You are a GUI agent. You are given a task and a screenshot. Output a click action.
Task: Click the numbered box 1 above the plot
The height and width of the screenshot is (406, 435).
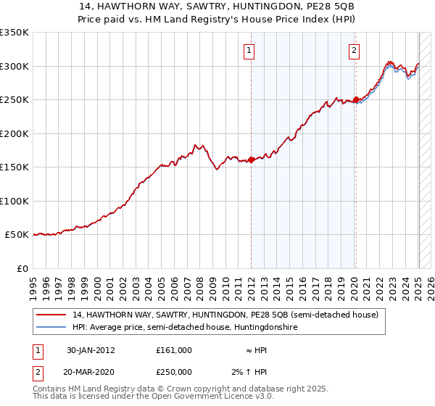[x=249, y=51]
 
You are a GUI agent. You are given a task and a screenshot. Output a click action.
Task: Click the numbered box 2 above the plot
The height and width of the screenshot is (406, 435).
[x=354, y=51]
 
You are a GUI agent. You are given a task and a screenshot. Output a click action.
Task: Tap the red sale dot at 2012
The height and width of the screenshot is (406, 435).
[x=251, y=160]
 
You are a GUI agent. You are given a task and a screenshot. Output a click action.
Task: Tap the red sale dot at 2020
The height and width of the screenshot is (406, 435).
[x=356, y=100]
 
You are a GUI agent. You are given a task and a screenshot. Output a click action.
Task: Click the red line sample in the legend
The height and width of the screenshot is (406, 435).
[x=51, y=315]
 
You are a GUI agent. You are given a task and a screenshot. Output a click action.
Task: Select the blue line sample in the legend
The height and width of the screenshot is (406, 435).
[x=51, y=328]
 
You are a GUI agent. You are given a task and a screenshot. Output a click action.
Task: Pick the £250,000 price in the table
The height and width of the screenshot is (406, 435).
[x=173, y=372]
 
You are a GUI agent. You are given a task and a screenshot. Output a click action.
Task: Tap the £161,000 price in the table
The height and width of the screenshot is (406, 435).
[x=173, y=350]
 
